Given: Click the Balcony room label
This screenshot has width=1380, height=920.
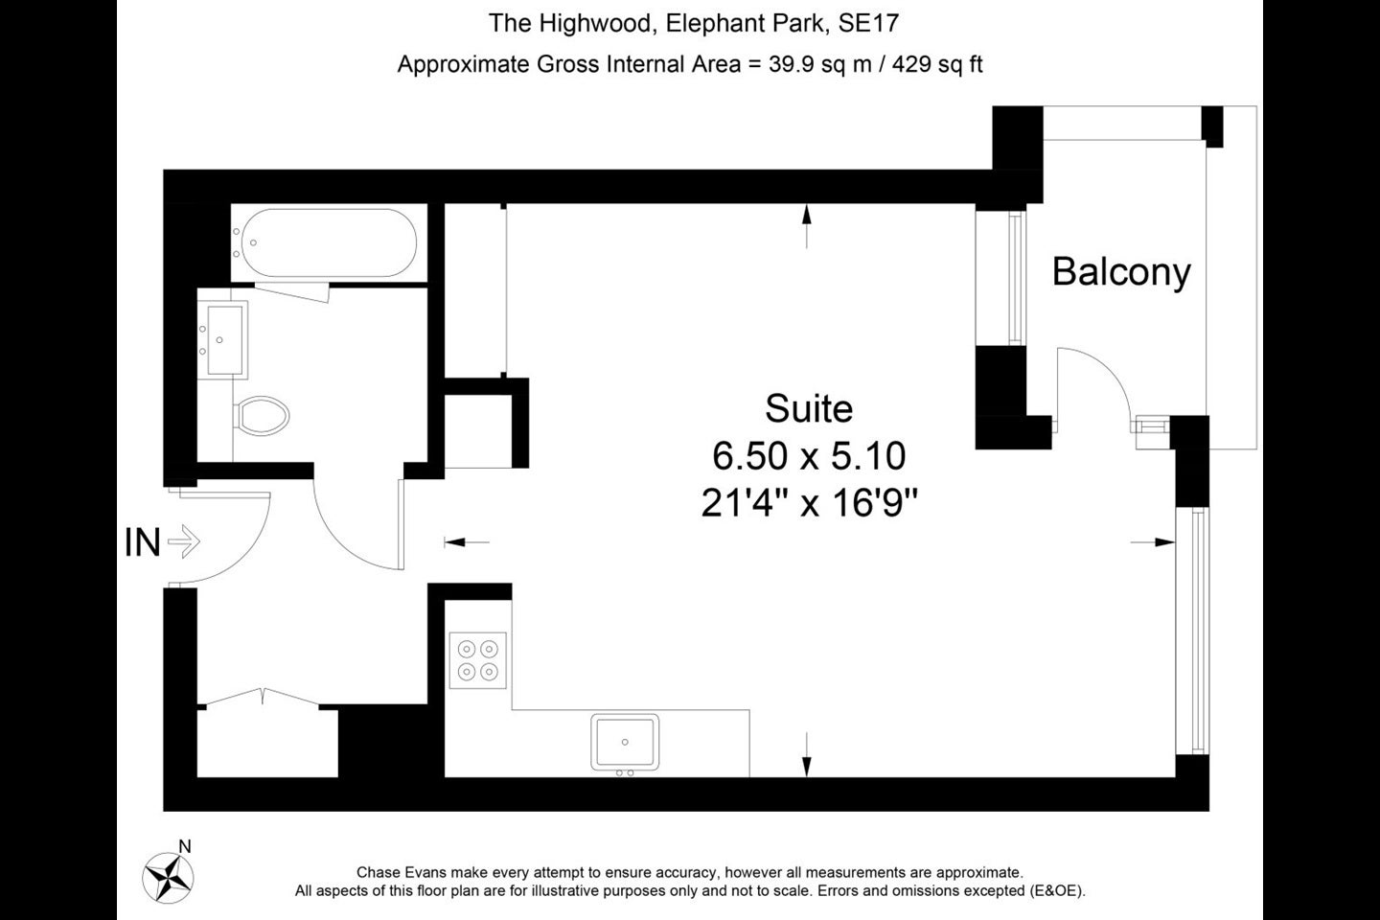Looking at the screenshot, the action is pos(1121,272).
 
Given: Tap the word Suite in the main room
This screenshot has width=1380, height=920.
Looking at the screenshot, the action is pos(809,408).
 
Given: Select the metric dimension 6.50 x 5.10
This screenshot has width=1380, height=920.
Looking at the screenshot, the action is pos(809,456).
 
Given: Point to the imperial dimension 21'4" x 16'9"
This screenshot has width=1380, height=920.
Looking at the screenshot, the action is pos(809,503).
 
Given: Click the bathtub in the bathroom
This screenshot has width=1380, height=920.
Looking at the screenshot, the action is pos(329,242).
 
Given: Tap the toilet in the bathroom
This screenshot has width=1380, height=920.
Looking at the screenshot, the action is pos(262,415).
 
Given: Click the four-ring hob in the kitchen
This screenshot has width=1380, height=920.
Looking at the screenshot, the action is pos(477,660).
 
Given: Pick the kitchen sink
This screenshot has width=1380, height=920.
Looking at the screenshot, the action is pos(625,742).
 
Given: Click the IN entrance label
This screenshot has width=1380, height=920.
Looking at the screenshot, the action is pos(142,542).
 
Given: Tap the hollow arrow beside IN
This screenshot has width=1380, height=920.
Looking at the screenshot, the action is pos(184,542).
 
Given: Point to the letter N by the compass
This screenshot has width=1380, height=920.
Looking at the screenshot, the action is pos(185,846).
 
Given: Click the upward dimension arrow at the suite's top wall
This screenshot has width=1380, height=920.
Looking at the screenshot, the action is pos(807,226).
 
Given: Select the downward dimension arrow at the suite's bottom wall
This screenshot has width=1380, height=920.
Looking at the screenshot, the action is pos(807,754).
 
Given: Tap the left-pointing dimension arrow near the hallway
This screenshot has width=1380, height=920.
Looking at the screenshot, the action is pos(467,542).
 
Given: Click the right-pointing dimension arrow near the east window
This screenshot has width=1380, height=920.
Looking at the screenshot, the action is pos(1153,542).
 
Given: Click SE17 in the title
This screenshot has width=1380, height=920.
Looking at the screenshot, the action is pos(868,23).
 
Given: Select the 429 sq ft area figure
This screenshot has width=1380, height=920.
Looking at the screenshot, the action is pos(937,64).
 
